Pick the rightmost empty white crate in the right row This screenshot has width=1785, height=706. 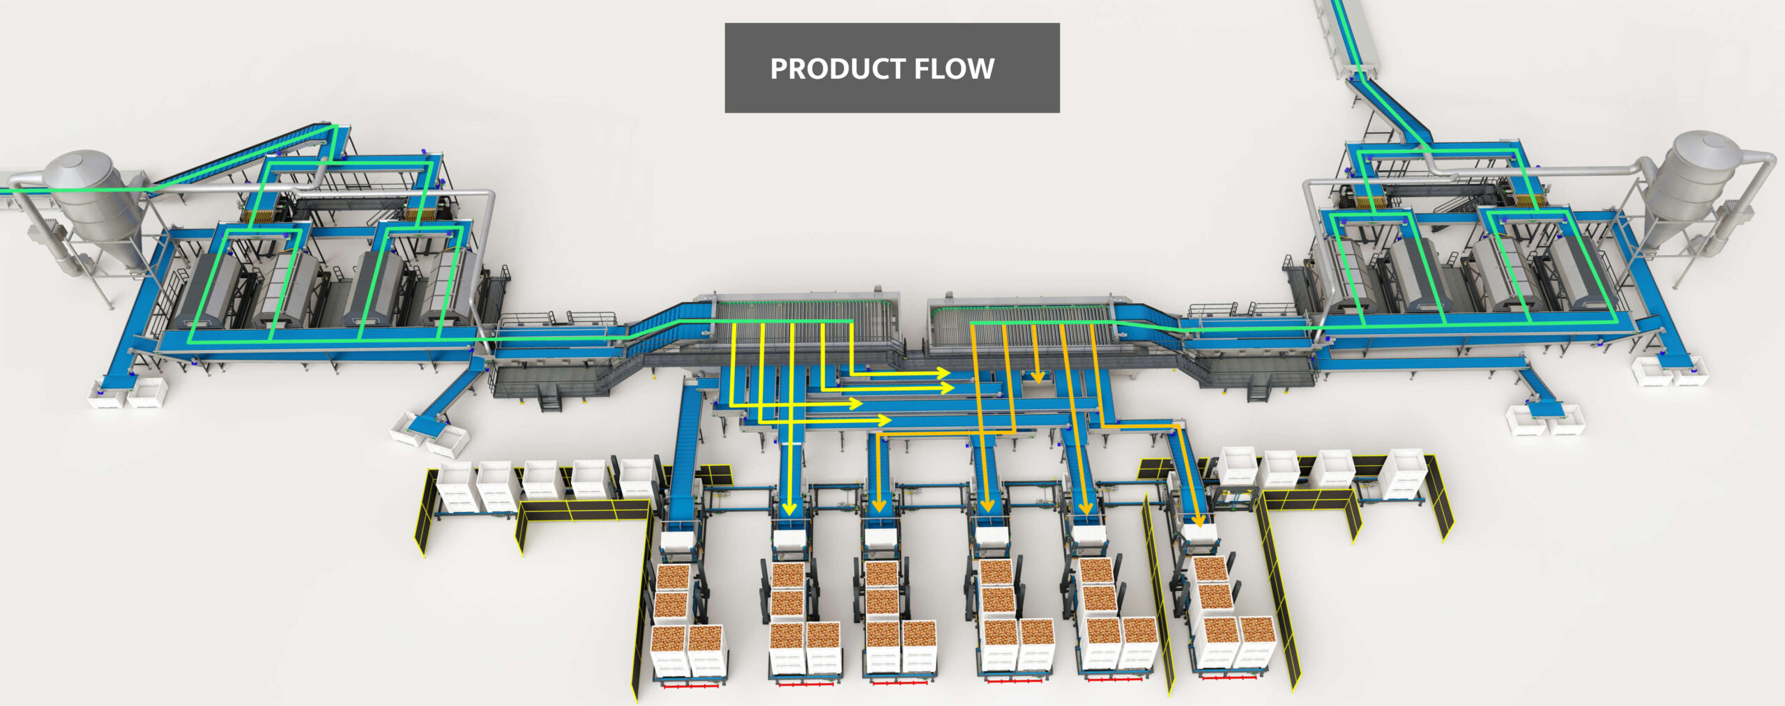1406,474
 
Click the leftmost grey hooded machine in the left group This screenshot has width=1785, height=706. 209,289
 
